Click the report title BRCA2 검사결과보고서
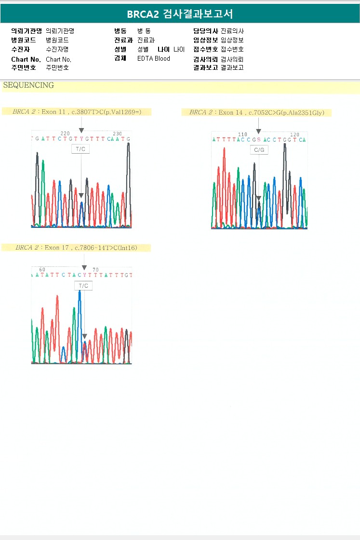[x=180, y=14]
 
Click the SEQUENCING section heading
[x=28, y=86]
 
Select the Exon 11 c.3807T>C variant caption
[x=77, y=112]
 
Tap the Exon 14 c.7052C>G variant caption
[x=257, y=113]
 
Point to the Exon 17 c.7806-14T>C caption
[x=77, y=248]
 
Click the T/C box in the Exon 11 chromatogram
[x=81, y=149]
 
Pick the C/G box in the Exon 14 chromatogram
[x=259, y=150]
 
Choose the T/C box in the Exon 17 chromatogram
[x=83, y=286]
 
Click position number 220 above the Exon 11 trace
[x=65, y=133]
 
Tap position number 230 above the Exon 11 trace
[x=117, y=133]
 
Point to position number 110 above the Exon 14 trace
[x=242, y=134]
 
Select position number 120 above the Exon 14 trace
[x=295, y=134]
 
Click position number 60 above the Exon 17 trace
[x=42, y=270]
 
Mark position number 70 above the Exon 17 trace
[x=95, y=270]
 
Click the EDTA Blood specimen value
[x=154, y=59]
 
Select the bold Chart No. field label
[x=26, y=59]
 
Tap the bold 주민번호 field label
[x=24, y=67]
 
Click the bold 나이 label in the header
[x=163, y=49]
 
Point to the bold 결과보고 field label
[x=205, y=67]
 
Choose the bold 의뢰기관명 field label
[x=27, y=31]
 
